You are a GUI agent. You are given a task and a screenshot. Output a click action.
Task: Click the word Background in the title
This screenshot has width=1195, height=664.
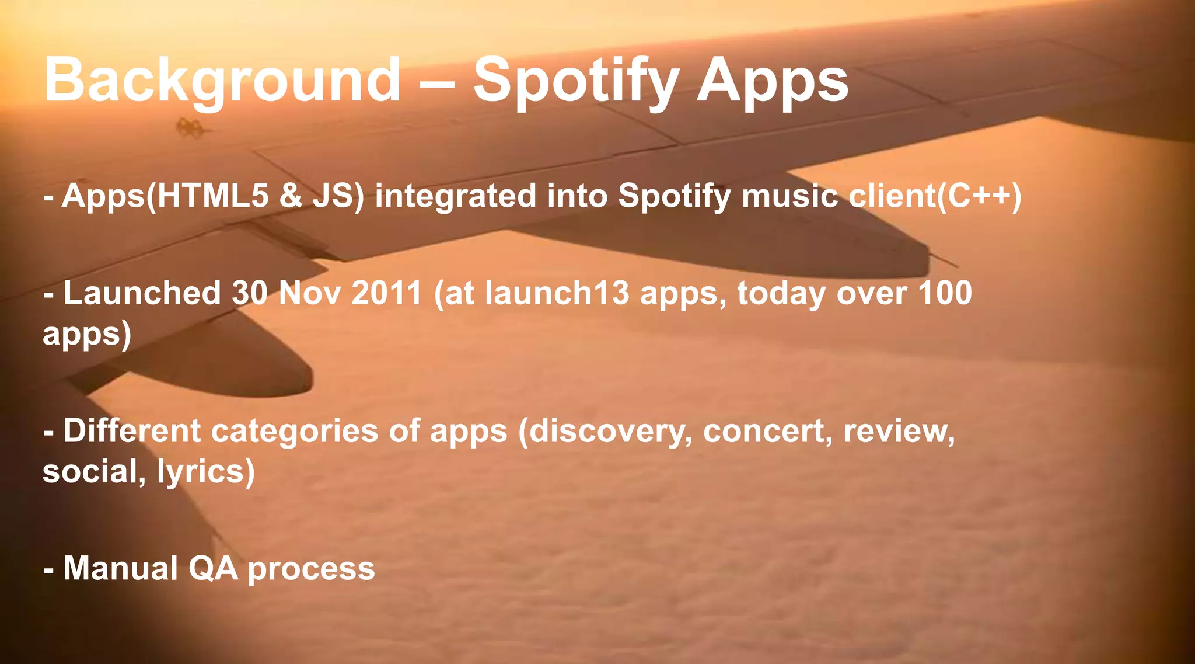222,81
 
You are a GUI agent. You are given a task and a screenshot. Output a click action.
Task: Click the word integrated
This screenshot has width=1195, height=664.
455,196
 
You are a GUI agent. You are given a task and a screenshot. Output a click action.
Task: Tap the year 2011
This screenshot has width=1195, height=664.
386,293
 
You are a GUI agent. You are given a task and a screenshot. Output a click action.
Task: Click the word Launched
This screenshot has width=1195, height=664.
142,293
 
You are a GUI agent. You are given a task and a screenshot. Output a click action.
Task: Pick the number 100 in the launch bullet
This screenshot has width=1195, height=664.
945,293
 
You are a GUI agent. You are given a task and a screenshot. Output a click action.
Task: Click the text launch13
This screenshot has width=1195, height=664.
557,293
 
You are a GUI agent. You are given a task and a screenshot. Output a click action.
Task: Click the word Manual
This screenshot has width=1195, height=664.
120,568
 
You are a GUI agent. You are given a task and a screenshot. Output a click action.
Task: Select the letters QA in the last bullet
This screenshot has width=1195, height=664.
213,568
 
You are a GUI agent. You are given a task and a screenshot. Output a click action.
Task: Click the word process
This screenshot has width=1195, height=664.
311,569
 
